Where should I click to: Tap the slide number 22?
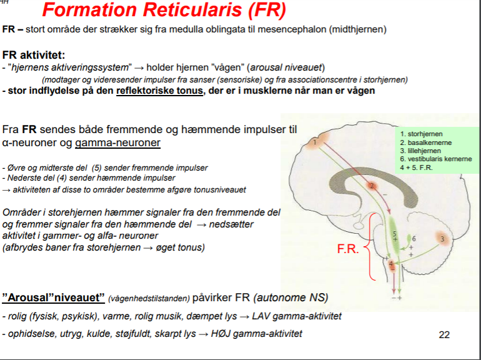pyautogui.click(x=444, y=335)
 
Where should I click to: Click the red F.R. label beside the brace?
pyautogui.click(x=348, y=249)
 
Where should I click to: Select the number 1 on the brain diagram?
pyautogui.click(x=315, y=142)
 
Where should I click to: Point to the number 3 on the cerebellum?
pyautogui.click(x=442, y=239)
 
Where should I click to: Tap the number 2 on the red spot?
pyautogui.click(x=371, y=186)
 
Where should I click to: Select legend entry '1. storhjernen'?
pyautogui.click(x=423, y=133)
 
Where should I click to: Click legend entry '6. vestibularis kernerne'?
pyautogui.click(x=436, y=159)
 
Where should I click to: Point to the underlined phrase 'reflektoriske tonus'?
pyautogui.click(x=159, y=91)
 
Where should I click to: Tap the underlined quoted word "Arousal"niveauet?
pyautogui.click(x=53, y=297)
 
